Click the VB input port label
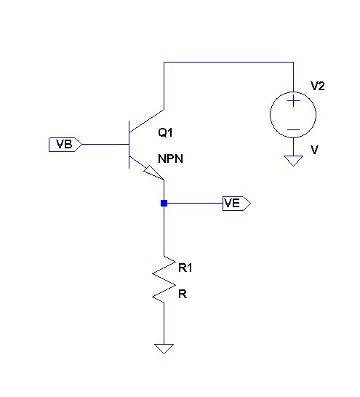(x=65, y=145)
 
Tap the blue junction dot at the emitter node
(x=164, y=203)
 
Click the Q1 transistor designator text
(x=165, y=132)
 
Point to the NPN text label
(x=170, y=159)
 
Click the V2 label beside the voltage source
(x=318, y=86)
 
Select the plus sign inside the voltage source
(x=293, y=102)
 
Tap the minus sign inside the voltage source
(x=293, y=130)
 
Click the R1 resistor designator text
(x=185, y=268)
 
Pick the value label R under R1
(x=183, y=294)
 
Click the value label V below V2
(x=314, y=150)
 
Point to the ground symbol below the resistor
(x=164, y=348)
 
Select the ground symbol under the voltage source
(x=293, y=161)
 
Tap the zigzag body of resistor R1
(x=164, y=279)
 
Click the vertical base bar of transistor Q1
(x=129, y=145)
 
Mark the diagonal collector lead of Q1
(x=147, y=121)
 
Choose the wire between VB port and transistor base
(x=105, y=144)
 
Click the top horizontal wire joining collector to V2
(x=228, y=62)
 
